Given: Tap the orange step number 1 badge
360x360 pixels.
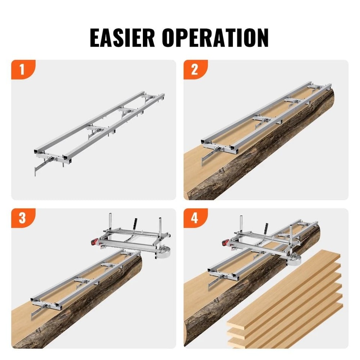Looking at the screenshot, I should (22, 69).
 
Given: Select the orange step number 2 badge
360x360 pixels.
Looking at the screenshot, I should (194, 69).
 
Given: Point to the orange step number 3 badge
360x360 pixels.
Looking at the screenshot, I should (22, 218).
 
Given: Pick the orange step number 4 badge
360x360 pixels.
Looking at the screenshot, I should (194, 218).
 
